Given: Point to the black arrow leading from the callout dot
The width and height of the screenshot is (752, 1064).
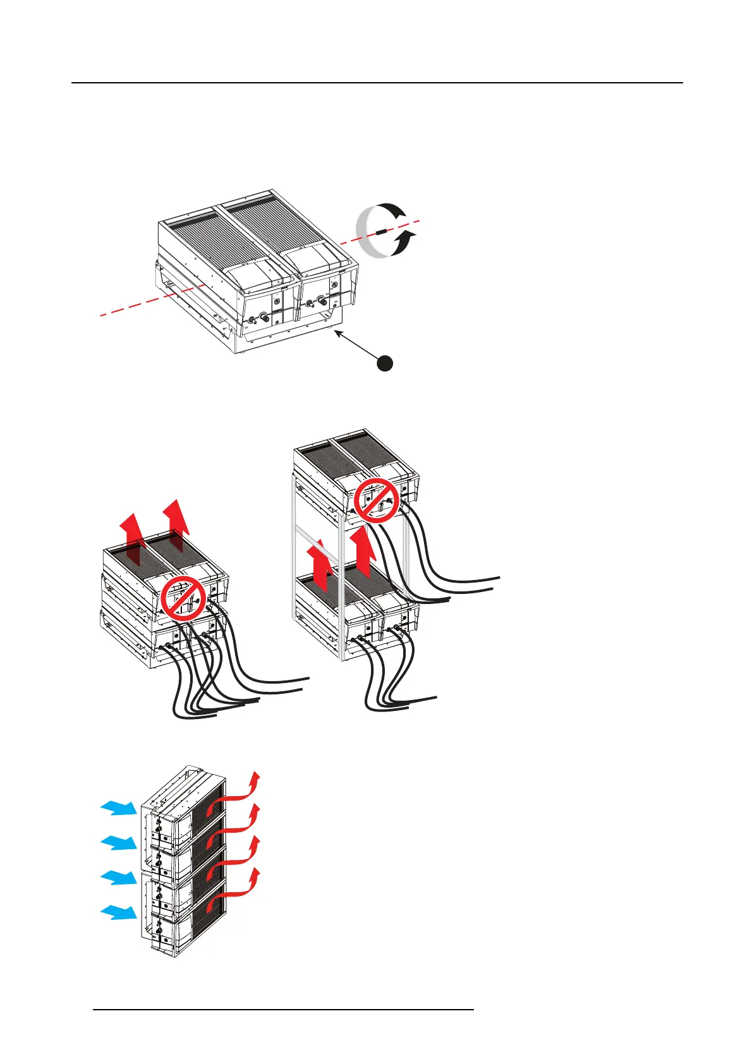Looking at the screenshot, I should point(357,345).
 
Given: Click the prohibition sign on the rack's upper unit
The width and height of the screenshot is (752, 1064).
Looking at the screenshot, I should point(376,499).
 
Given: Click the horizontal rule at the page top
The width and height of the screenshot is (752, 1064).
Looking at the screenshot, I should point(377,83).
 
